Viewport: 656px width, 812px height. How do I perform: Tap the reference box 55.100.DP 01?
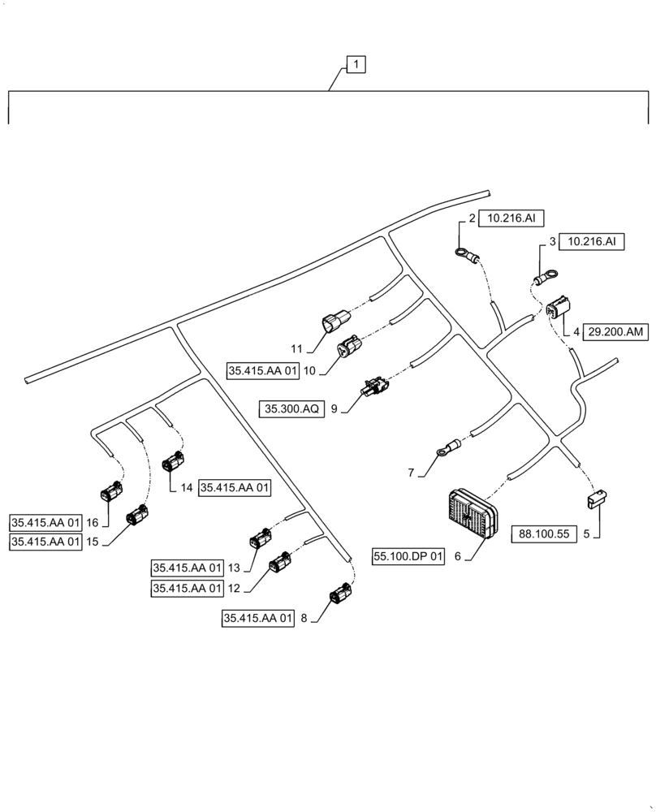tap(409, 557)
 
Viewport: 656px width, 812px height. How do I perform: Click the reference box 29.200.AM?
tap(615, 331)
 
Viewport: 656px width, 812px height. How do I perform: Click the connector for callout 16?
tap(110, 492)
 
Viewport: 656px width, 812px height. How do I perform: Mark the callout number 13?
tap(234, 567)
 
